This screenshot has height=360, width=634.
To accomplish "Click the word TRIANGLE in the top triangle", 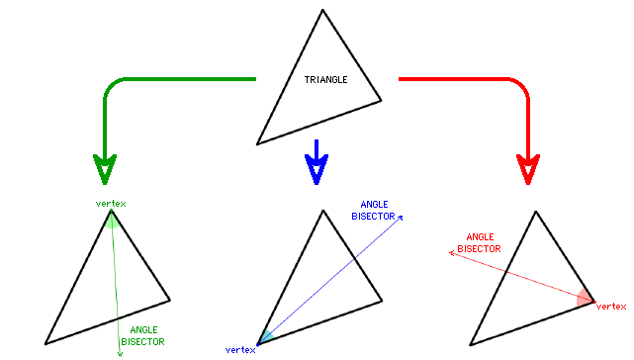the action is click(326, 79).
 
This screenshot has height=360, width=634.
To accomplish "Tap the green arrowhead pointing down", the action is click(103, 169).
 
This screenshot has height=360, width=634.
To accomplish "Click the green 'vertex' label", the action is click(111, 204).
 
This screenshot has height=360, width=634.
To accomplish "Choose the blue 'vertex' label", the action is click(241, 350).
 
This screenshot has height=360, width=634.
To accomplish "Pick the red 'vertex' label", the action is click(611, 307).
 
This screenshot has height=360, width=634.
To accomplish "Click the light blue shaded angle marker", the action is click(265, 337).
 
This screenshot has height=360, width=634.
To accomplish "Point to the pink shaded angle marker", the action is click(587, 298).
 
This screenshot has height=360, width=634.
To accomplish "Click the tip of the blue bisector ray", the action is click(402, 215).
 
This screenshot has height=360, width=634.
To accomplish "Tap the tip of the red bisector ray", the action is click(451, 252).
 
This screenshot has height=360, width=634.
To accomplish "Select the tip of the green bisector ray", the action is click(120, 350).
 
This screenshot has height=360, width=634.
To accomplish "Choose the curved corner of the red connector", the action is click(520, 86).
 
